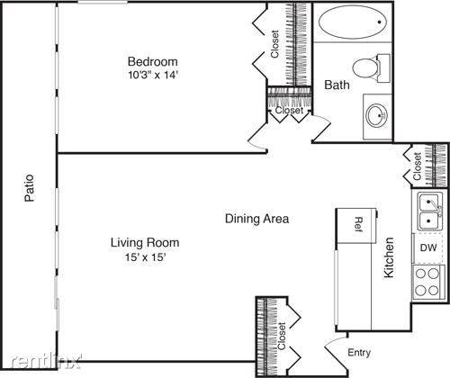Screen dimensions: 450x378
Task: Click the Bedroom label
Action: [x=153, y=61]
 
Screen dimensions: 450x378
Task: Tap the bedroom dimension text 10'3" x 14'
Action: [x=153, y=75]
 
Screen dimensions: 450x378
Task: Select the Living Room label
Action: [x=145, y=242]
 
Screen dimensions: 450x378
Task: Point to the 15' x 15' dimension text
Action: [x=146, y=256]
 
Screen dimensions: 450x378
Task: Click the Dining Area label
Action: [x=257, y=219]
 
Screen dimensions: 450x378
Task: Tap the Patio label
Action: [x=30, y=188]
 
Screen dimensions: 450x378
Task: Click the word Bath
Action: [x=337, y=85]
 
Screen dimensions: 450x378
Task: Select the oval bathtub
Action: [x=353, y=22]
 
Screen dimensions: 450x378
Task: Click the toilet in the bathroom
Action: [x=371, y=68]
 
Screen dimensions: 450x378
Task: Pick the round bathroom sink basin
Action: [x=377, y=115]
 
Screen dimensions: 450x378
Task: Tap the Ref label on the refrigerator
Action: [x=359, y=224]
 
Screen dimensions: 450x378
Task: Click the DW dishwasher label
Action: [x=428, y=247]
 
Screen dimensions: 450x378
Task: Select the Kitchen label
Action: [x=389, y=257]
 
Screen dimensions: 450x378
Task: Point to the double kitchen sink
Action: [x=429, y=211]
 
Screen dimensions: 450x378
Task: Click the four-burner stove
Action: [x=427, y=282]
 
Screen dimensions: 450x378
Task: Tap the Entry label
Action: [x=359, y=353]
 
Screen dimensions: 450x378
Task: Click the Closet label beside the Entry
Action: [x=282, y=336]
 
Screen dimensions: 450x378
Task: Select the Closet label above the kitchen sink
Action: [x=418, y=166]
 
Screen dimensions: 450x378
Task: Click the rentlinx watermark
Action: [x=47, y=362]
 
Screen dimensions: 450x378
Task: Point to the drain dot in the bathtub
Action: [x=380, y=22]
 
